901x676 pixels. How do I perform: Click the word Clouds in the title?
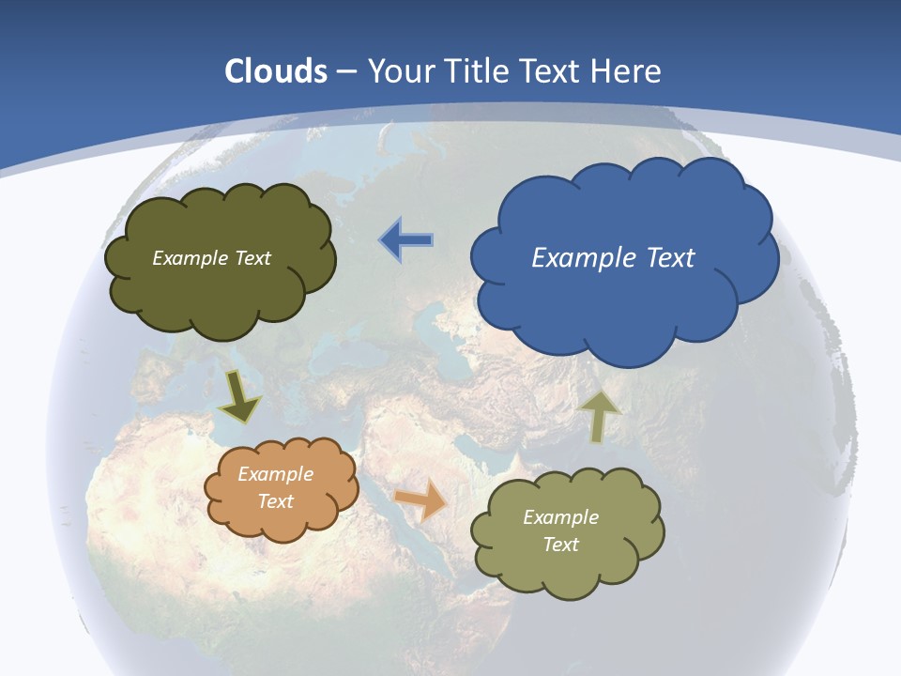click(x=276, y=71)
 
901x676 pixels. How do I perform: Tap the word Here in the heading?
click(x=627, y=71)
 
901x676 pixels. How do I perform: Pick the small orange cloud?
click(x=282, y=489)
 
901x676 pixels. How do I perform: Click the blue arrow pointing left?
click(x=406, y=239)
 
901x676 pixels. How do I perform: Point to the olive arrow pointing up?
click(x=600, y=416)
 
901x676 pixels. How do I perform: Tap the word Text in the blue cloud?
click(x=670, y=257)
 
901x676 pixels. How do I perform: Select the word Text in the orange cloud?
click(x=276, y=501)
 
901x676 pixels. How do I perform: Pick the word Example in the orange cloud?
click(x=276, y=474)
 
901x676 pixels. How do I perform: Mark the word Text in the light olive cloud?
click(x=561, y=545)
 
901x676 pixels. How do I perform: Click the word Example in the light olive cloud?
click(x=561, y=517)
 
